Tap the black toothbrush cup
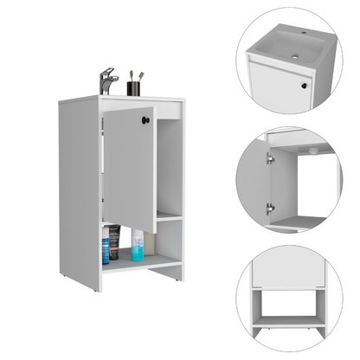point(135,87)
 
